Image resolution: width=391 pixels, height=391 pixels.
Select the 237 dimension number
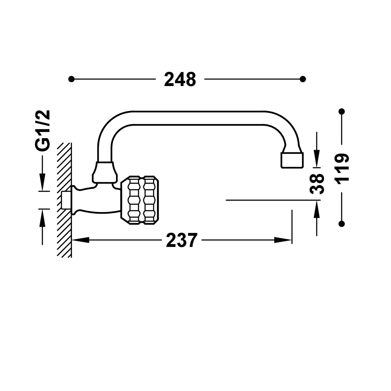pyautogui.click(x=181, y=240)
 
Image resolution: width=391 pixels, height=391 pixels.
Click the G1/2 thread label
pyautogui.click(x=42, y=130)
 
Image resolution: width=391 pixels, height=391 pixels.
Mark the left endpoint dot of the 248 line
pyautogui.click(x=71, y=79)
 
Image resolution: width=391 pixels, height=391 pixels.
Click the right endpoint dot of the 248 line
pyautogui.click(x=303, y=79)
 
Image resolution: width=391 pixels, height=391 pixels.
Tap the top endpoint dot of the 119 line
pyautogui.click(x=342, y=112)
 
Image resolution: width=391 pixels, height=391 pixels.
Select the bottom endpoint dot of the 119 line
pyautogui.click(x=342, y=223)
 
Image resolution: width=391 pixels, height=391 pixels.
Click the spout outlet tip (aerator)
pyautogui.click(x=292, y=160)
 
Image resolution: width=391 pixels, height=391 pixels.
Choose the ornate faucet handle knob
pyautogui.click(x=140, y=200)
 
